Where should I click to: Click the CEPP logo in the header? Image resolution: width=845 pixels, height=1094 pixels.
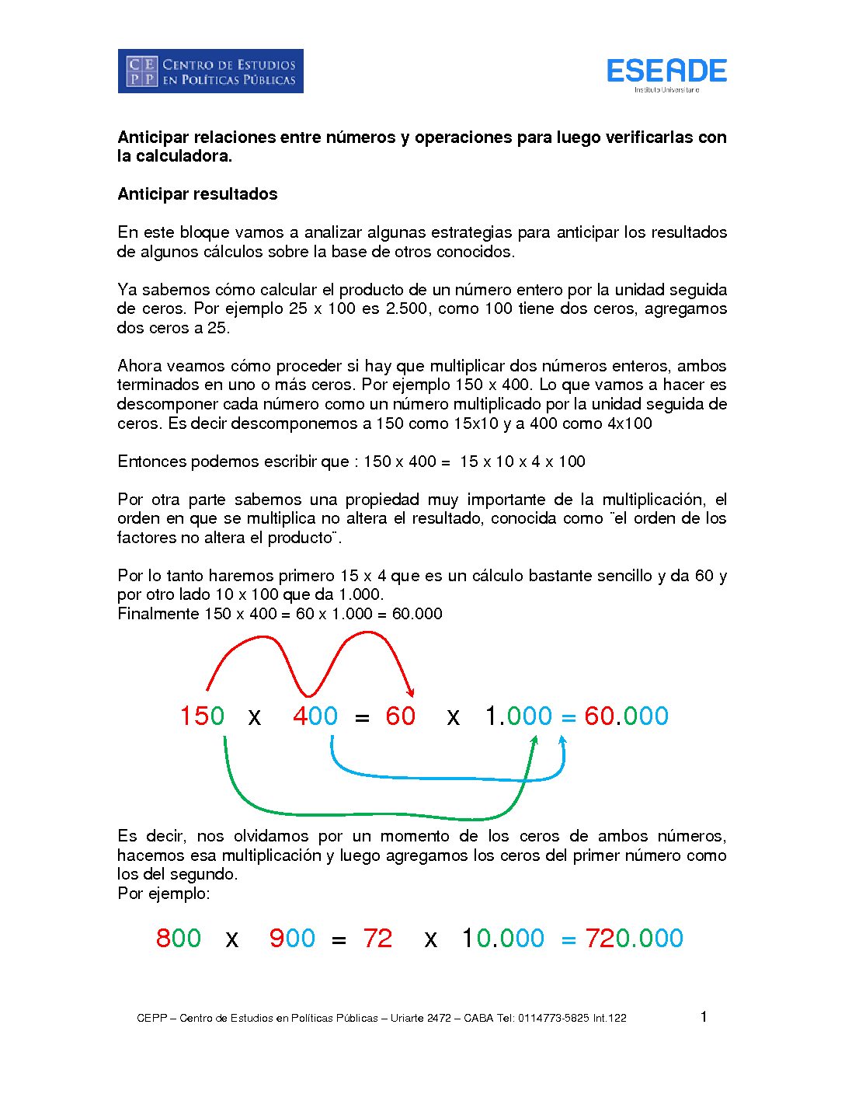[210, 71]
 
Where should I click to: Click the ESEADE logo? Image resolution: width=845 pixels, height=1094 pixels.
[666, 72]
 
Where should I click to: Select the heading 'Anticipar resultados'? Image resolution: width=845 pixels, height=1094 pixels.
[197, 194]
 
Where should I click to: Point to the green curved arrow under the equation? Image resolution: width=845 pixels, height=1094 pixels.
[373, 814]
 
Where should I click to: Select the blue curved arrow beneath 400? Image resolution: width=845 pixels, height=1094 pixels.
[447, 776]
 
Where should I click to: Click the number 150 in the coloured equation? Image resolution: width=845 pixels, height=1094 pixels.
[202, 716]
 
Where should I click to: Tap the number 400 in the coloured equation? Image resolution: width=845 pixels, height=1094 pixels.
[315, 716]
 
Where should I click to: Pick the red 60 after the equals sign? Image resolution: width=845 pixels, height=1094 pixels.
[401, 716]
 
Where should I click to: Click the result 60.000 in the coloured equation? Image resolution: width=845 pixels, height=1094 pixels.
[626, 716]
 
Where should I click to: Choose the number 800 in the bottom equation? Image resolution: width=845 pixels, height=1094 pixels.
[179, 938]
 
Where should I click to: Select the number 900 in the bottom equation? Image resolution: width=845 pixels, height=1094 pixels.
[292, 938]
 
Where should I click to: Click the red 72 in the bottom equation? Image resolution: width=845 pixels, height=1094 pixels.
[377, 938]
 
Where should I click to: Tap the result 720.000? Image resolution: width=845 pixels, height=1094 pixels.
[634, 938]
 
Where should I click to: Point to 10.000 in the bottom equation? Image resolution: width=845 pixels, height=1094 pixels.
[503, 938]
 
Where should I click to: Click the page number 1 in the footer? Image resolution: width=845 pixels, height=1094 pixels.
[704, 1017]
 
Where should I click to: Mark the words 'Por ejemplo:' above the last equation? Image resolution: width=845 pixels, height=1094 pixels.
[164, 894]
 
